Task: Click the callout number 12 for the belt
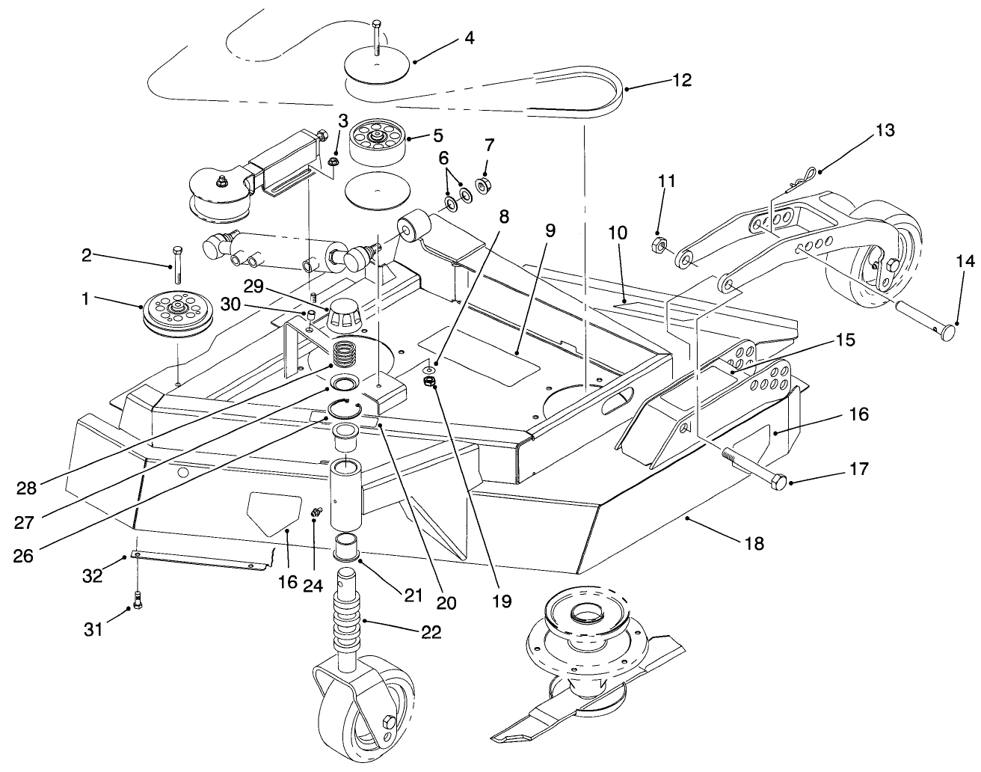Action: [682, 79]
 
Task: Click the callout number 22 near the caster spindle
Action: [431, 631]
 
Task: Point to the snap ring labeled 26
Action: [345, 408]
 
